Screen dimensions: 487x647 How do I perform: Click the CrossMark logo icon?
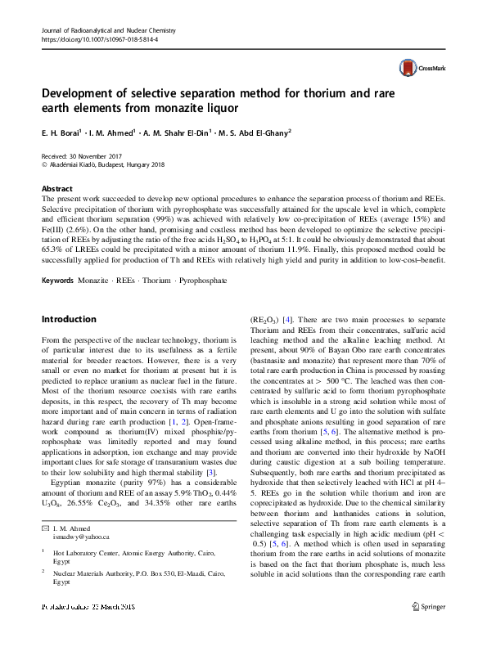[x=407, y=68]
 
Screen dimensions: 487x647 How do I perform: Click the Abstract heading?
[x=57, y=188]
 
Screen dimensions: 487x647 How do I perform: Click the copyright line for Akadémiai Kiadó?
[x=102, y=164]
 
